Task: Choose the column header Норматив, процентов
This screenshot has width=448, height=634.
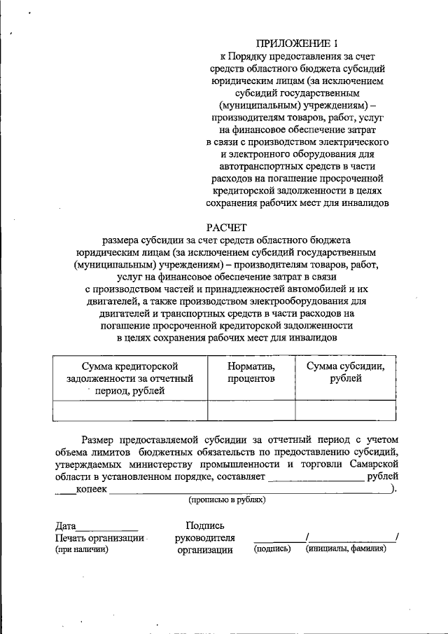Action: (x=251, y=372)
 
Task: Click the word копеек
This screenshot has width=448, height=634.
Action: (x=91, y=489)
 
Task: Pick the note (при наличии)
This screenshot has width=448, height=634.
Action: (x=82, y=550)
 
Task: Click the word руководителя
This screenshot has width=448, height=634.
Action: (x=204, y=538)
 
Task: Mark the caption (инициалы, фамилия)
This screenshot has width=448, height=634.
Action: (x=345, y=549)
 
